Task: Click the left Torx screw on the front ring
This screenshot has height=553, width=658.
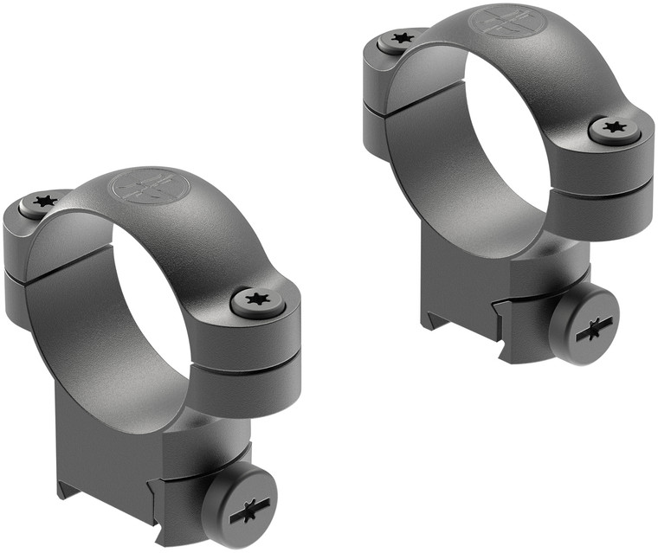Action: point(40,202)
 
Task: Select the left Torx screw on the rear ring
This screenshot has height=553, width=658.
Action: point(399,39)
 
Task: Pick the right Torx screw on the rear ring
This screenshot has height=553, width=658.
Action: point(615,130)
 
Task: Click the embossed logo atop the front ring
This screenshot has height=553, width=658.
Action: point(145,185)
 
